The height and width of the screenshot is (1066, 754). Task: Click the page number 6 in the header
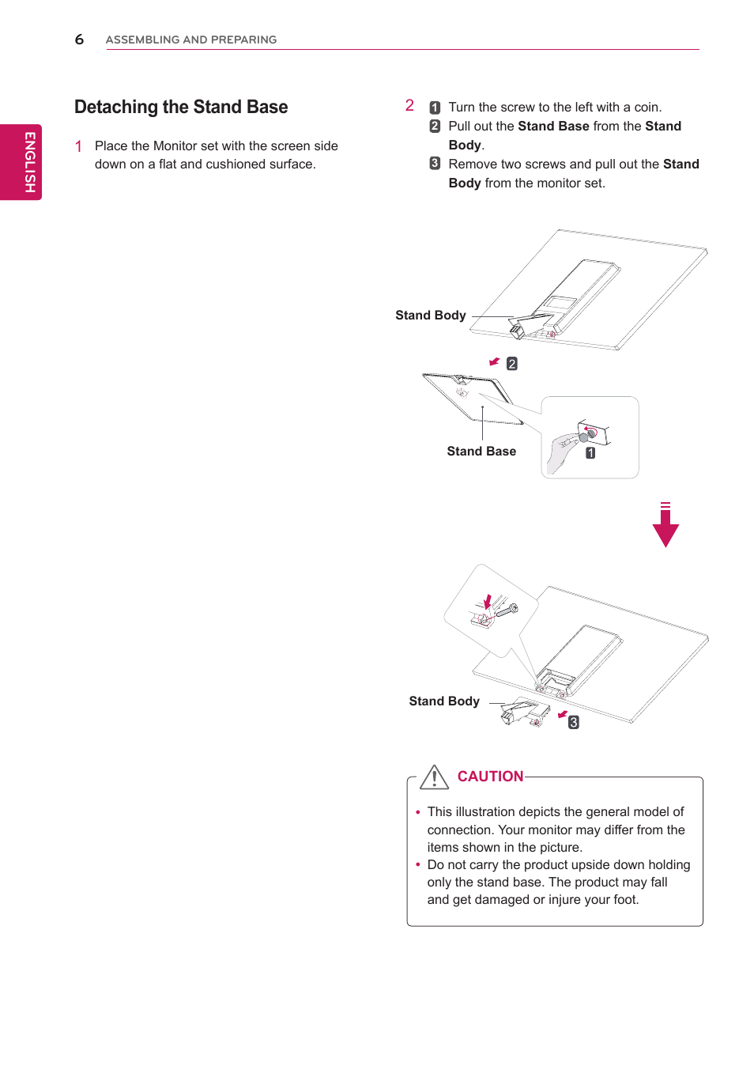pyautogui.click(x=79, y=40)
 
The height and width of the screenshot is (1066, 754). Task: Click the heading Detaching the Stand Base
pyautogui.click(x=181, y=107)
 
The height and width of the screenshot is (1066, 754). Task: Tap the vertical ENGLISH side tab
pyautogui.click(x=29, y=162)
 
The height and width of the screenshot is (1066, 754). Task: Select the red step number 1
pyautogui.click(x=78, y=146)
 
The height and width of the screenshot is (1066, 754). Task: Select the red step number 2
pyautogui.click(x=409, y=105)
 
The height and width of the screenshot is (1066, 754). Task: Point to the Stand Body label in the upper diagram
pyautogui.click(x=431, y=316)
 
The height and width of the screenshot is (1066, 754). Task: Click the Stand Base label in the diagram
pyautogui.click(x=481, y=452)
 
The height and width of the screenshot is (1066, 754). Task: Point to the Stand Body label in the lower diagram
pyautogui.click(x=444, y=701)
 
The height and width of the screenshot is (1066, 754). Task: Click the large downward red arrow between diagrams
pyautogui.click(x=665, y=527)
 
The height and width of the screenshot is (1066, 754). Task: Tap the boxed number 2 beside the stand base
pyautogui.click(x=512, y=364)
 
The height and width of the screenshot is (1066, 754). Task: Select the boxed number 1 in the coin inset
pyautogui.click(x=590, y=453)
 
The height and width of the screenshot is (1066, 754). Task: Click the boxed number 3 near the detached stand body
pyautogui.click(x=574, y=722)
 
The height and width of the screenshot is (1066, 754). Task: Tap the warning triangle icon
pyautogui.click(x=435, y=777)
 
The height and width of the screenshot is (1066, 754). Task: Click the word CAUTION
pyautogui.click(x=490, y=777)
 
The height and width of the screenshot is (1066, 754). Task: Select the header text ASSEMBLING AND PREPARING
pyautogui.click(x=191, y=40)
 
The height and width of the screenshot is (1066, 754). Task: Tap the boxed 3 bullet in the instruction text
pyautogui.click(x=435, y=164)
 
